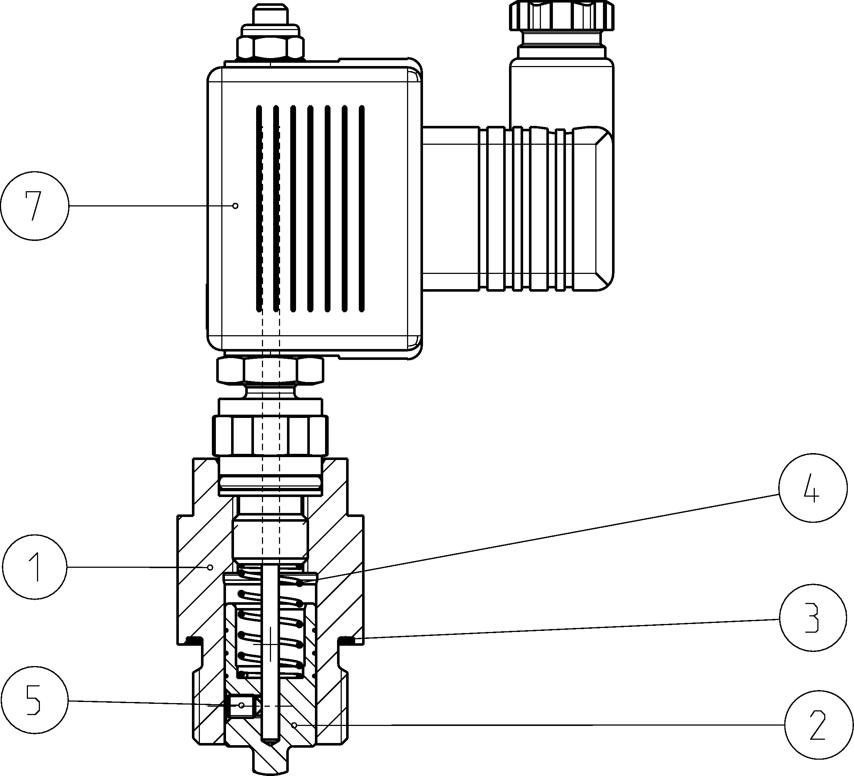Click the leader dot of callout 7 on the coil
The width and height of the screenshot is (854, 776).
[x=235, y=206]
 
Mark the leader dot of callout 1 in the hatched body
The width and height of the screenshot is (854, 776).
[x=210, y=567]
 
